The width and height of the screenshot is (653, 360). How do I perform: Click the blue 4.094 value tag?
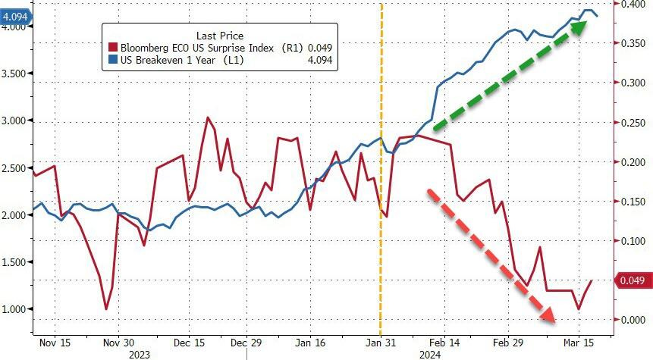14,14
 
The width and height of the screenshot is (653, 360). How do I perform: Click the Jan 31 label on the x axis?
381,342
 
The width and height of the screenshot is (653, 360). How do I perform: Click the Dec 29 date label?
246,342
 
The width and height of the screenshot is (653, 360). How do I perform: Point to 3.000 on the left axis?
14,121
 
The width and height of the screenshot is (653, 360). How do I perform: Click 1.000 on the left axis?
14,309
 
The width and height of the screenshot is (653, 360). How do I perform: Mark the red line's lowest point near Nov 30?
106,308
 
